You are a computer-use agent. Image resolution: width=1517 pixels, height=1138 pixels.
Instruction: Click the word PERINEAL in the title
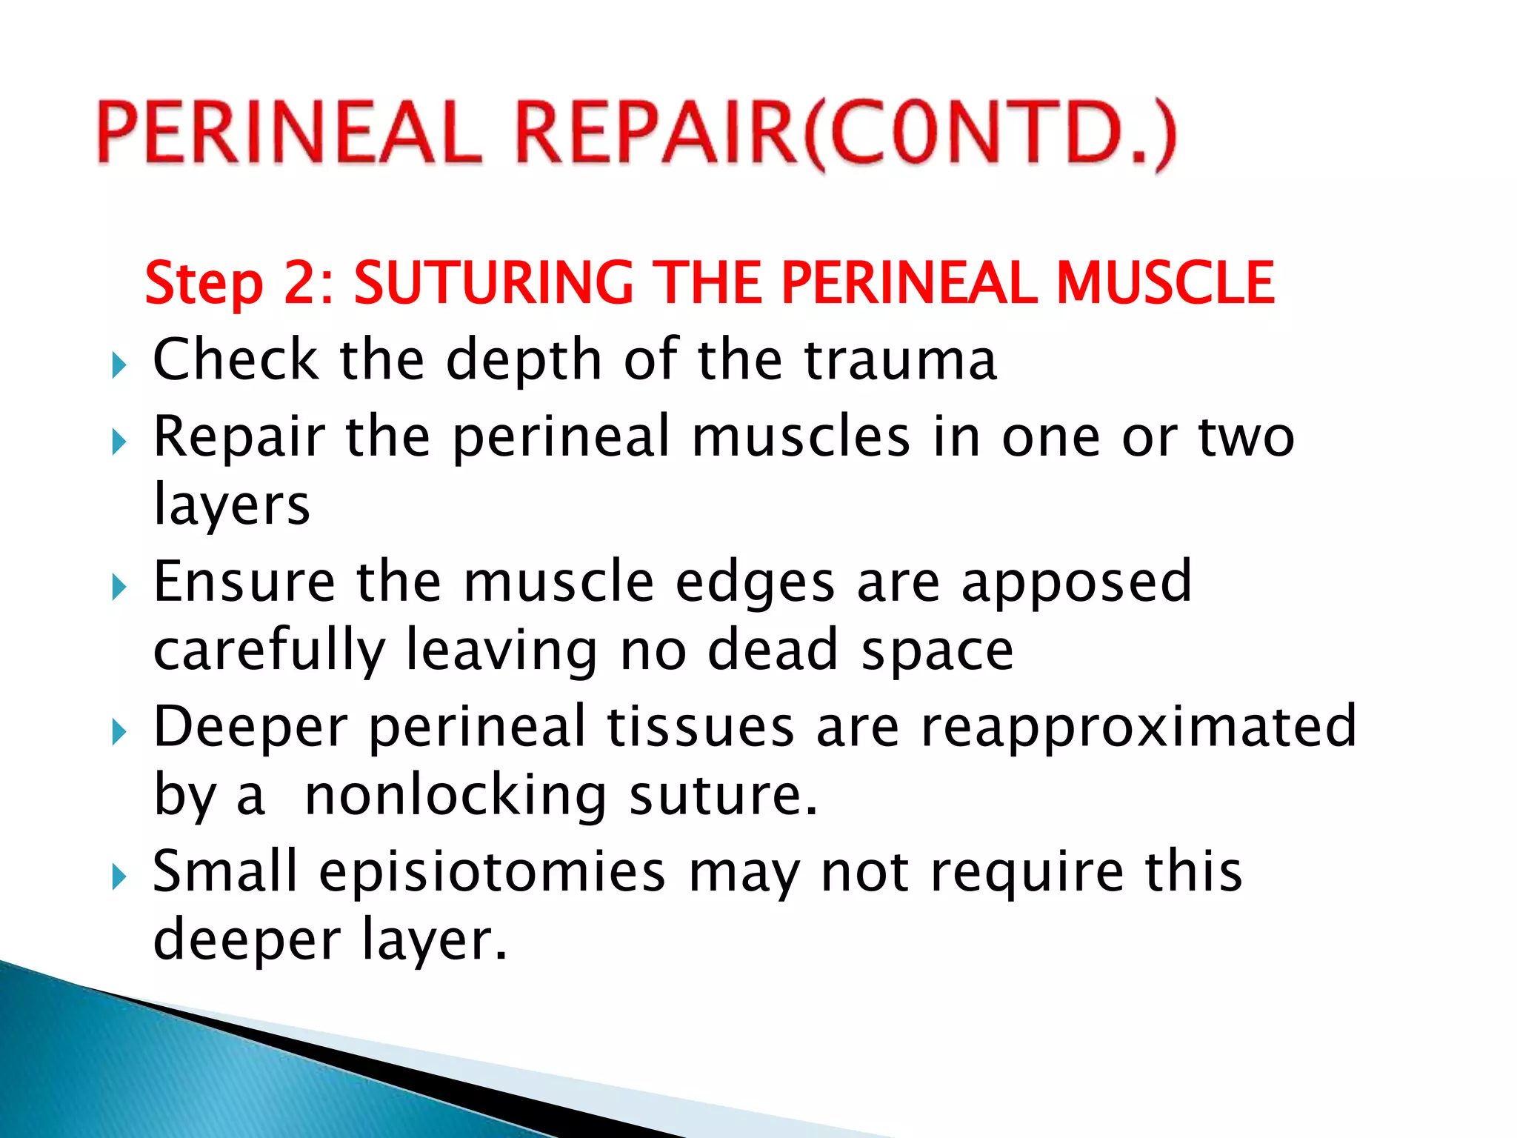tap(289, 133)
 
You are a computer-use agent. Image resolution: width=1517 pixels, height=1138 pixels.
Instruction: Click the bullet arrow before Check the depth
tap(119, 365)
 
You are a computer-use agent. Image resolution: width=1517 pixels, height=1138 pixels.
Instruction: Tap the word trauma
tap(900, 360)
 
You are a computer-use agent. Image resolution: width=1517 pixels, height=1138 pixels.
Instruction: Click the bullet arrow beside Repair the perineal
tap(119, 442)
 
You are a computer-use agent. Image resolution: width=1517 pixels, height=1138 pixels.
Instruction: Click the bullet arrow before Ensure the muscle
tap(119, 588)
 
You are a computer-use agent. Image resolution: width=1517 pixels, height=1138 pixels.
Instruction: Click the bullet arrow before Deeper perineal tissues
tap(119, 733)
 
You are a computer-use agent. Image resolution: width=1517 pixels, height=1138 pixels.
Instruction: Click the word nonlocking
tap(456, 796)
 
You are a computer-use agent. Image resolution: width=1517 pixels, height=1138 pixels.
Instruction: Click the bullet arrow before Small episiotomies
tap(119, 878)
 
